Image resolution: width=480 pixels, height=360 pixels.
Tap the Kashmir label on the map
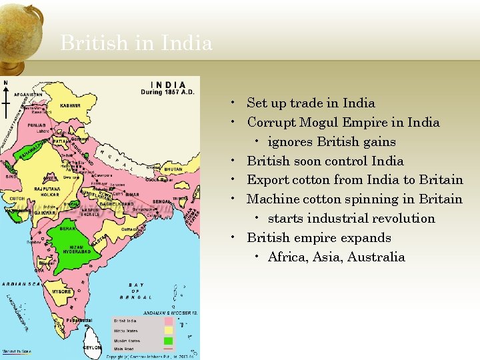tap(70, 105)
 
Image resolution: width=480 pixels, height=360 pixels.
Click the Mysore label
tap(62, 291)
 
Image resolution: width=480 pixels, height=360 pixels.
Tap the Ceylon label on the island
tap(92, 347)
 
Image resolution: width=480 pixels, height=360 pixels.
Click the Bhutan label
tap(173, 169)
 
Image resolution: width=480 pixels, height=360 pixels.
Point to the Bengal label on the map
tap(162, 201)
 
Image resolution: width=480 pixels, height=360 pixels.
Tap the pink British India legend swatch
tap(168, 321)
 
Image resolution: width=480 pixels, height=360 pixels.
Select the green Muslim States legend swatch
tap(168, 339)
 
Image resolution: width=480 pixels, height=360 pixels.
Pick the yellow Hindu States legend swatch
tap(168, 330)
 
